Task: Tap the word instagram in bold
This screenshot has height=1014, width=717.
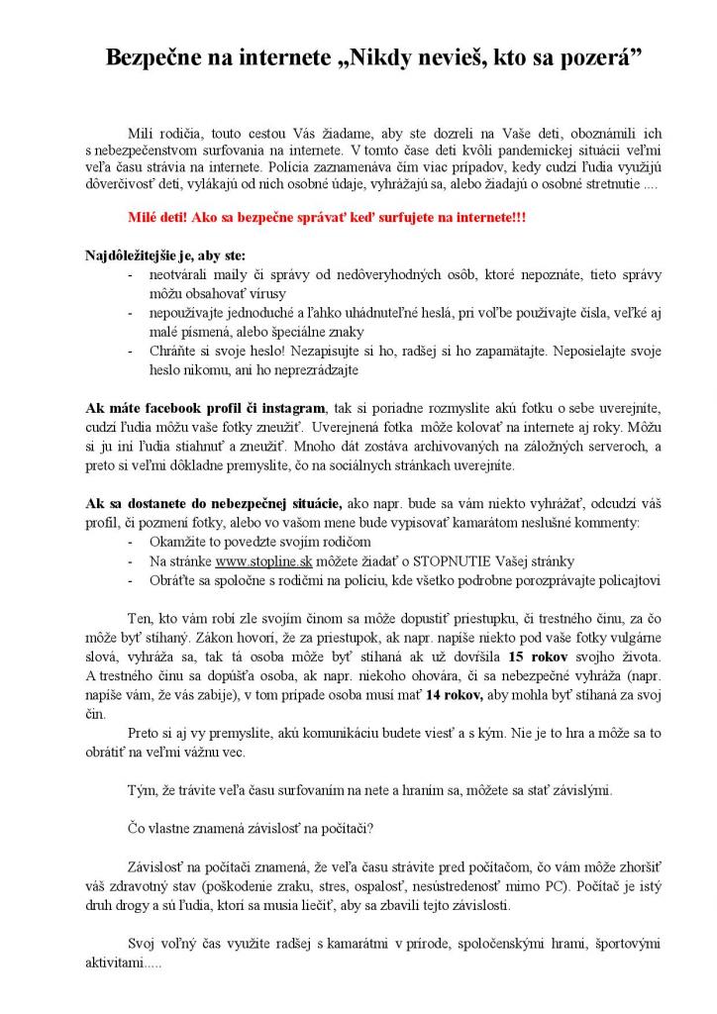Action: (292, 408)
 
